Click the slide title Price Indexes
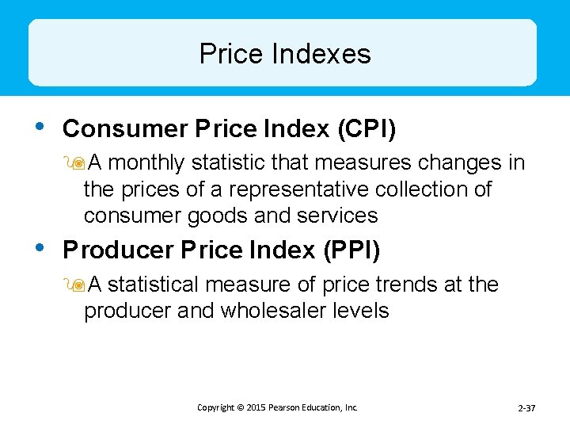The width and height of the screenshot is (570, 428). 285,54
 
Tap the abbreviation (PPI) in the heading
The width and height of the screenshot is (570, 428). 351,250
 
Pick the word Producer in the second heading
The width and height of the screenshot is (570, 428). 118,250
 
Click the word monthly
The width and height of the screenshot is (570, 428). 146,163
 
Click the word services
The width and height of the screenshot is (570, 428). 338,216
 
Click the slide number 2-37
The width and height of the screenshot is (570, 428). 526,408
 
